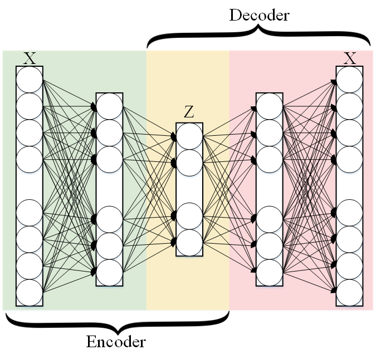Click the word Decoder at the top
[x=259, y=15]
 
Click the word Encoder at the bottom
[x=116, y=341]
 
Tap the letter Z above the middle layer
[x=189, y=112]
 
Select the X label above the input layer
[x=30, y=58]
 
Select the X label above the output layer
[x=350, y=58]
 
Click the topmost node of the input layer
[x=30, y=80]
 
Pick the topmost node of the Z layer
[x=189, y=136]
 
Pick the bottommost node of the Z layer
[x=189, y=243]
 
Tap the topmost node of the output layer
[x=350, y=80]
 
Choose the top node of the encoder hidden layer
[x=109, y=106]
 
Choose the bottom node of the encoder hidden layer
[x=109, y=272]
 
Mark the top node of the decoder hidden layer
[x=270, y=106]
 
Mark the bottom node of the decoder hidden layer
[x=270, y=272]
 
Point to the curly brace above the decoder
[x=259, y=36]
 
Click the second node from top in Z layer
[x=189, y=162]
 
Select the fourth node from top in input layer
[x=30, y=159]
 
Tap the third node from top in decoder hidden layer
[x=270, y=158]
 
